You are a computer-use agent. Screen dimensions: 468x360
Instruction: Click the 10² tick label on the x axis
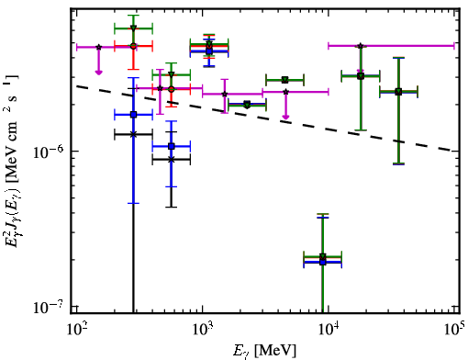(x=76, y=331)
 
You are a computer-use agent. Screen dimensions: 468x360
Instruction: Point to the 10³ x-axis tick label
(x=203, y=331)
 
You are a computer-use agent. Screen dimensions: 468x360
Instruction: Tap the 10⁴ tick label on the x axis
(x=329, y=331)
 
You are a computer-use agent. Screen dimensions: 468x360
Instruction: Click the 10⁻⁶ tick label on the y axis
(x=50, y=152)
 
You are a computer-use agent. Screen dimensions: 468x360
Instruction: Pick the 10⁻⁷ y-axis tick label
(x=50, y=307)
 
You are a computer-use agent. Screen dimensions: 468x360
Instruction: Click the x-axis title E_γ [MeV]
(x=264, y=350)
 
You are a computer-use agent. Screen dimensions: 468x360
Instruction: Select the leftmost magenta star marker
(x=98, y=47)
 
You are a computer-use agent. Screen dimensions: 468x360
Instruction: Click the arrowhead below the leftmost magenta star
(x=98, y=73)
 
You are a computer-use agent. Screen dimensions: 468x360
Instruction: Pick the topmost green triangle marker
(x=133, y=28)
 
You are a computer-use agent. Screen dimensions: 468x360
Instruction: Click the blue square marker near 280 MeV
(x=133, y=115)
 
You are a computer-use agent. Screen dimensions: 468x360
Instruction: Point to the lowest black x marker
(x=172, y=159)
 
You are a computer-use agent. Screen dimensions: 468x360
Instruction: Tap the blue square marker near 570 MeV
(x=172, y=146)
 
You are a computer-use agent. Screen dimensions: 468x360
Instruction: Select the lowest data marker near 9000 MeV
(x=322, y=262)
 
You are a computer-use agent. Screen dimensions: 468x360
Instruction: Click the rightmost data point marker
(x=398, y=92)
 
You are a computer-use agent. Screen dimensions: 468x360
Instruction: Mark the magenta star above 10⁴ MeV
(x=361, y=46)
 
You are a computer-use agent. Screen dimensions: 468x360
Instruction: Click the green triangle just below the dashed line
(x=247, y=105)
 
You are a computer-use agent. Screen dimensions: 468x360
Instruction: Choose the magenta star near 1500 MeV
(x=225, y=94)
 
